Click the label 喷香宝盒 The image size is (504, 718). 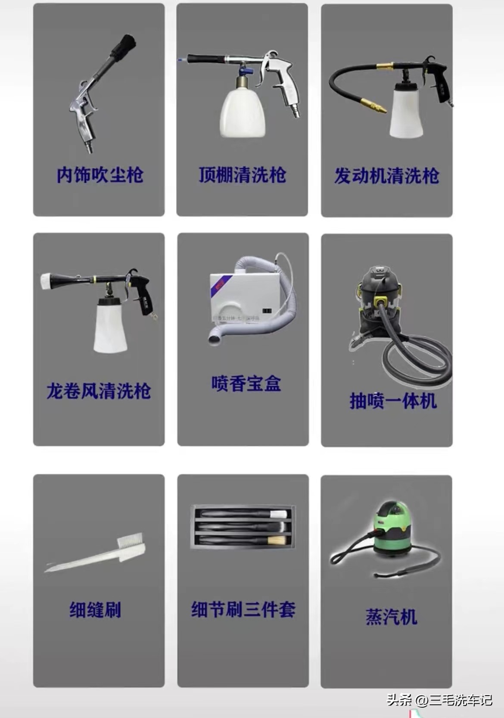point(246,384)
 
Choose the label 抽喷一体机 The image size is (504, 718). point(393,401)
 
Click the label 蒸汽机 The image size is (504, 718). point(391,617)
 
